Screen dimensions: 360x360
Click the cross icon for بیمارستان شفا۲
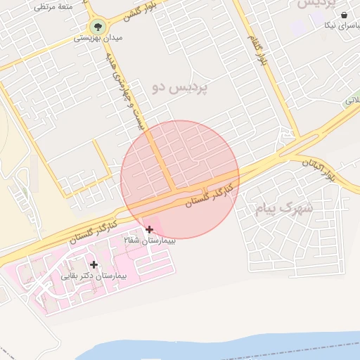149,229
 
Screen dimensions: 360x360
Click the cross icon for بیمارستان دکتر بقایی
94,264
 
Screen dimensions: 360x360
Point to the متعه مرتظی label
54,6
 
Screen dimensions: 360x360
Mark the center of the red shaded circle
180,179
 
